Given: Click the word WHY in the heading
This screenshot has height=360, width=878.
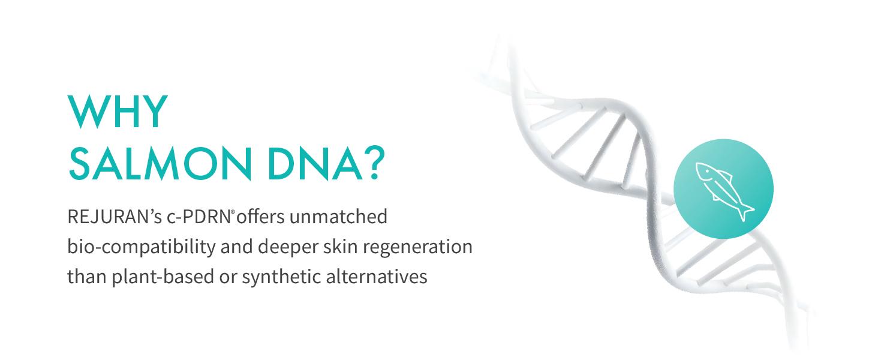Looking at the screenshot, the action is point(118,112).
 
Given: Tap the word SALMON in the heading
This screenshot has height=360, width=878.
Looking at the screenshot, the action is point(161,164).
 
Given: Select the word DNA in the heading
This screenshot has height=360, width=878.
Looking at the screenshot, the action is point(315,164).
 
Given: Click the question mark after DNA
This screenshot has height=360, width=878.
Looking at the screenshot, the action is point(375,163).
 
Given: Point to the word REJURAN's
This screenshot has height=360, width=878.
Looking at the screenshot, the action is point(115,217).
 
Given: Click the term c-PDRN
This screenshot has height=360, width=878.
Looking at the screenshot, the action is point(199,217).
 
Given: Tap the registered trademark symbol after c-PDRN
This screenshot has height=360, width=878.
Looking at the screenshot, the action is point(233,211).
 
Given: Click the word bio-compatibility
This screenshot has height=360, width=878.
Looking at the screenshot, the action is point(142,247).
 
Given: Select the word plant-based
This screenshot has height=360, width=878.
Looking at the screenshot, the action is point(163,277).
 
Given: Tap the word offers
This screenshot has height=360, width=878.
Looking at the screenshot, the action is point(260,217).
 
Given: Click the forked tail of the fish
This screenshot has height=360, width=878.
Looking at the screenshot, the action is point(745,212).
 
